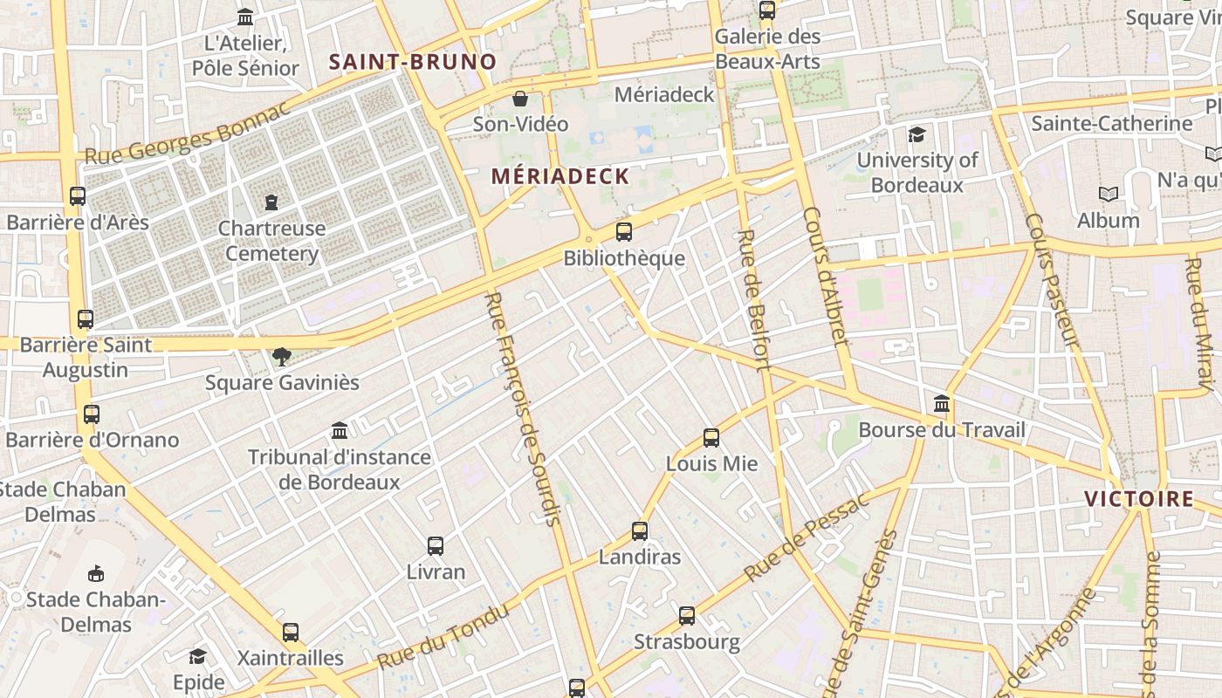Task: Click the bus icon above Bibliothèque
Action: point(623,232)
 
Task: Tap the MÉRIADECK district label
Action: point(560,176)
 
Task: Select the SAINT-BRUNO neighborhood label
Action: point(412,62)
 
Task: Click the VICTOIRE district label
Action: point(1139,499)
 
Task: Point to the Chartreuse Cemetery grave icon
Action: point(271,202)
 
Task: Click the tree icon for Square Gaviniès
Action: point(281,356)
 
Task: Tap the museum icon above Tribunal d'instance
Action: point(340,431)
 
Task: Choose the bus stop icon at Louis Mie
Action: point(711,438)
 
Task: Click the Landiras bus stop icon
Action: point(640,530)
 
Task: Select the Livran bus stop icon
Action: point(436,546)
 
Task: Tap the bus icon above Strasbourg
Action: point(687,616)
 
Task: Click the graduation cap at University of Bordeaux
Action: point(916,134)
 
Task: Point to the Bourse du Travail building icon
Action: point(942,404)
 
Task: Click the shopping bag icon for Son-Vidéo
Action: point(520,99)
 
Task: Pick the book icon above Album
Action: point(1108,195)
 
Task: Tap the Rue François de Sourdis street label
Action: point(521,408)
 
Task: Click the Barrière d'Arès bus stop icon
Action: point(78,196)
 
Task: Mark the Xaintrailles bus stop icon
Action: point(291,632)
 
